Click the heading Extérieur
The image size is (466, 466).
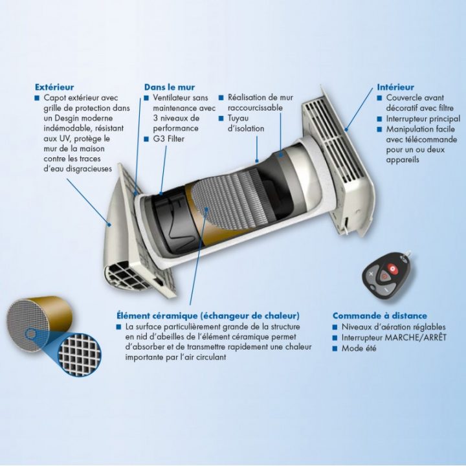[x=54, y=87]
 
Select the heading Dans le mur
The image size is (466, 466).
[x=170, y=87]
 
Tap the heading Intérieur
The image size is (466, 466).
[x=395, y=87]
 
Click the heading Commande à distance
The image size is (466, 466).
[x=380, y=316]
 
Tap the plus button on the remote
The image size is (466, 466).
[x=371, y=274]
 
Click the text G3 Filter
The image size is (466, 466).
[x=168, y=139]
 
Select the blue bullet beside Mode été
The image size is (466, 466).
[x=335, y=348]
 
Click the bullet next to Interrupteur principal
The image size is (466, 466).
[x=379, y=119]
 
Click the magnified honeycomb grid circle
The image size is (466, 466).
[x=79, y=355]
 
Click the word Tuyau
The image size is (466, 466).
[x=238, y=118]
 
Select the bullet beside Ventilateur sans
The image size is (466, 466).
[x=146, y=98]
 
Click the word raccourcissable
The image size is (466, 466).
[x=255, y=107]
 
